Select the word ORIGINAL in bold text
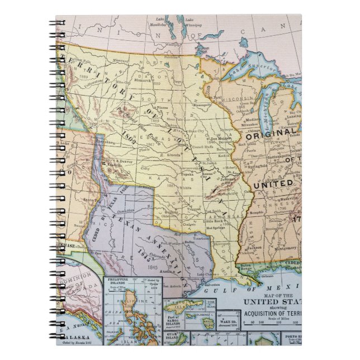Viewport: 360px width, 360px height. (x=272, y=134)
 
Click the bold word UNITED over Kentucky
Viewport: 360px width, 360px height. (x=273, y=183)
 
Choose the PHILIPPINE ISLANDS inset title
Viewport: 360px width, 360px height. (x=122, y=279)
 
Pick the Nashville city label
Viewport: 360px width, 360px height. (x=273, y=205)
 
